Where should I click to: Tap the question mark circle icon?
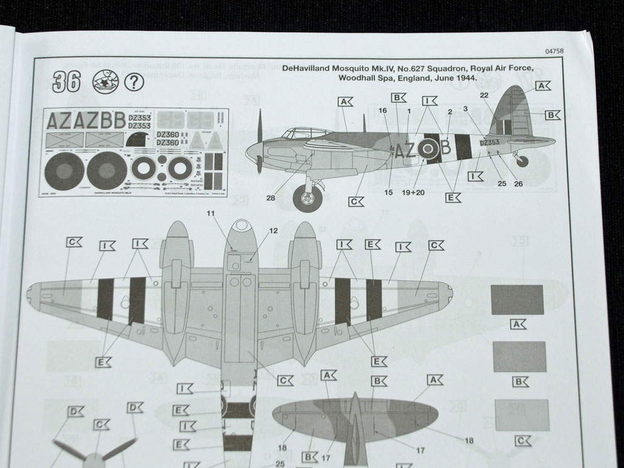[133, 82]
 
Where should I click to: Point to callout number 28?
[270, 198]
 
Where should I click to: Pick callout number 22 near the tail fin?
[484, 95]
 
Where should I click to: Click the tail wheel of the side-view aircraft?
[521, 161]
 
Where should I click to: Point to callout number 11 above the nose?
[211, 215]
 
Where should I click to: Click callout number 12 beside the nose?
[273, 231]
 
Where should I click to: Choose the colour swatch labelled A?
[517, 300]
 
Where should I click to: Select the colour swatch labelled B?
[520, 357]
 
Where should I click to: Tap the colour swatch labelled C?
[519, 415]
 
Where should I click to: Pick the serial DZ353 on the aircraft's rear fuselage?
[489, 142]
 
